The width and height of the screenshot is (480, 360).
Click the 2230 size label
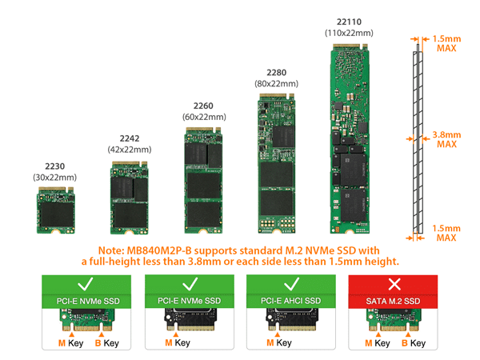click(54, 166)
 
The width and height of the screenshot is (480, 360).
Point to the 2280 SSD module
click(276, 164)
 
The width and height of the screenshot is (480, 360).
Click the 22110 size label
click(351, 21)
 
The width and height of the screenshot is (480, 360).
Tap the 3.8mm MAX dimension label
click(446, 139)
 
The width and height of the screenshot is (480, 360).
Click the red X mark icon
click(393, 284)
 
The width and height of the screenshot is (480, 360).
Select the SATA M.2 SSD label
click(393, 300)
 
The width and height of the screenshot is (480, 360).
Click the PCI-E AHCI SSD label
click(290, 300)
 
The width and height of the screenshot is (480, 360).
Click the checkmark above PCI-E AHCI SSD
click(290, 284)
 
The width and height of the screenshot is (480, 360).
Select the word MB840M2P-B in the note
click(160, 250)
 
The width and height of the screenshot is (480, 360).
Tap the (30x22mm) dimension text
click(54, 177)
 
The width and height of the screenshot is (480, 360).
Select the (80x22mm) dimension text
click(276, 83)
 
